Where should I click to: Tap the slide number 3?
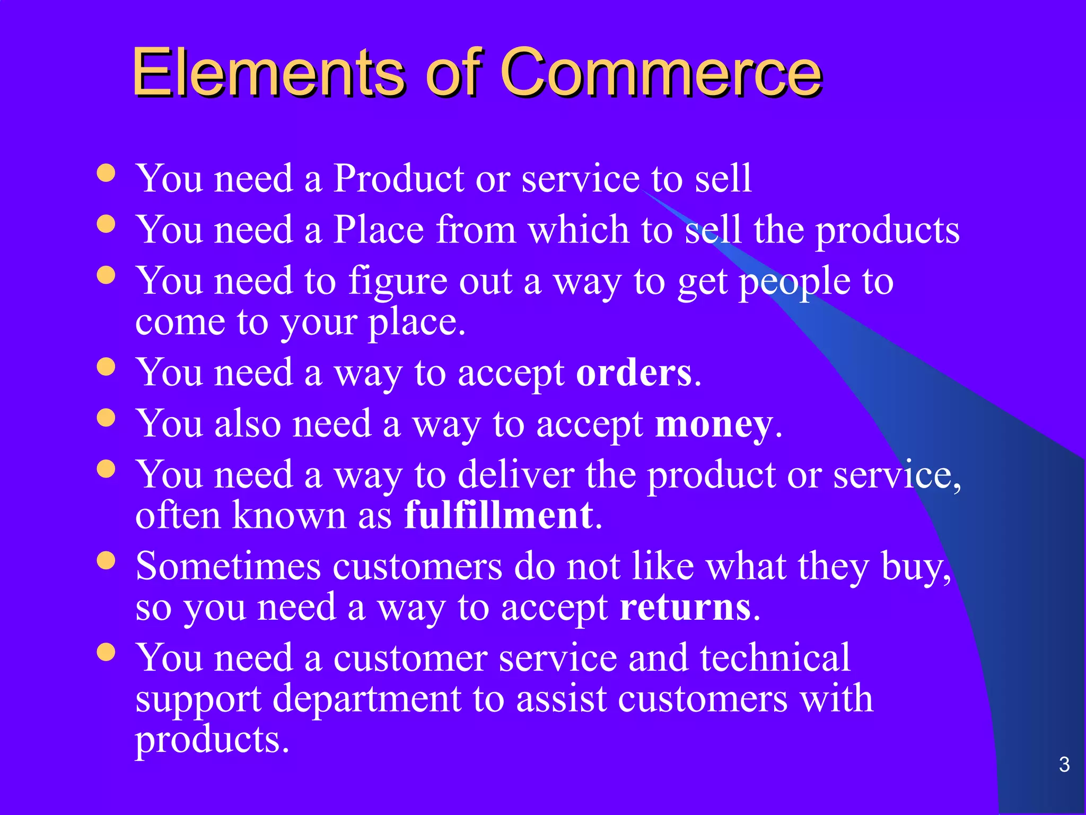point(1064,765)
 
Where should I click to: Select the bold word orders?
point(634,372)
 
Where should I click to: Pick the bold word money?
point(714,424)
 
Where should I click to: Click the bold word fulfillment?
point(498,515)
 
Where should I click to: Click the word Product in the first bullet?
point(398,178)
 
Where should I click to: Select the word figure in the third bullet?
point(397,281)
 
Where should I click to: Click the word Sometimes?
point(228,566)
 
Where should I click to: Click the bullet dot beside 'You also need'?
point(107,417)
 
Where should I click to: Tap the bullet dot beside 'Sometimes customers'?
point(107,560)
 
